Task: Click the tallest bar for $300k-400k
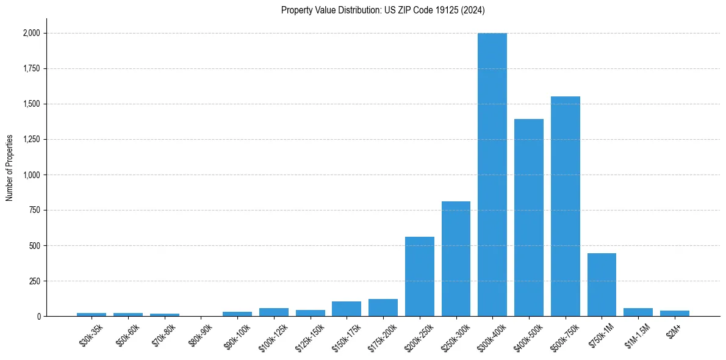[x=492, y=175]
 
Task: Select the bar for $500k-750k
[x=565, y=206]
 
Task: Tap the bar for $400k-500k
[x=529, y=218]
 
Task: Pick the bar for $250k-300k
[x=456, y=259]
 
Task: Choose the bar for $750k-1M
[x=602, y=285]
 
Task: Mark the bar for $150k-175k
[x=347, y=309]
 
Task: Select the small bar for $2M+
[x=674, y=314]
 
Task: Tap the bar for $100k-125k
[x=274, y=312]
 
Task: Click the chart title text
[x=383, y=10]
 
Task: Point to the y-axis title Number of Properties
[x=10, y=167]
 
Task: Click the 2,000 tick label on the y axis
[x=30, y=33]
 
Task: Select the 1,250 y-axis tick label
[x=30, y=140]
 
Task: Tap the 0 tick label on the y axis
[x=38, y=317]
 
